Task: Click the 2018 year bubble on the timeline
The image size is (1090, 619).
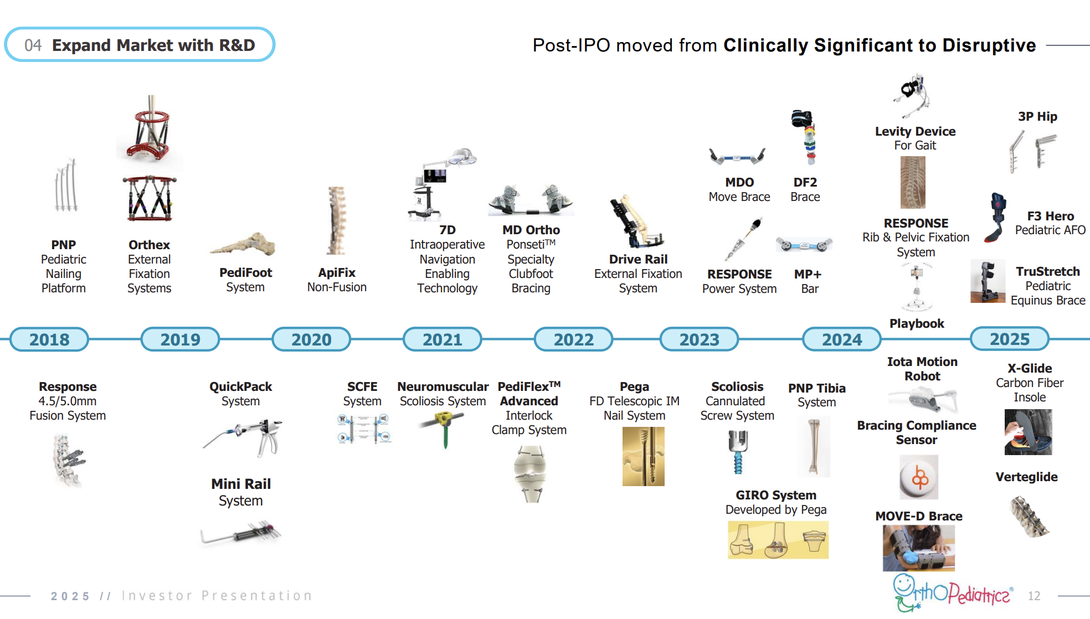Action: click(x=49, y=339)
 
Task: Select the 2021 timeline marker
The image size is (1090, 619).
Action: click(x=442, y=339)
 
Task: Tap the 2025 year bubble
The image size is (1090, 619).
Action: click(x=1009, y=339)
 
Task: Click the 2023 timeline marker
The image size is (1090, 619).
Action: click(x=699, y=339)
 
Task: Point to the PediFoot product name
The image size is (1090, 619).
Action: click(x=245, y=272)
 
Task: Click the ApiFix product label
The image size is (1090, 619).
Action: click(x=337, y=272)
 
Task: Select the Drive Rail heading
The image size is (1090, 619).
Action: click(x=638, y=259)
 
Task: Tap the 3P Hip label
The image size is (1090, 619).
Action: click(x=1037, y=116)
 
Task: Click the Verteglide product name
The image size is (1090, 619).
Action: click(x=1026, y=477)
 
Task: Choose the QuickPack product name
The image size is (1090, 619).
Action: click(x=240, y=386)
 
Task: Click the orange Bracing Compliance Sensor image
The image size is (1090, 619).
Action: click(x=919, y=477)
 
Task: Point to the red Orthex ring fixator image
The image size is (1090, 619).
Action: click(x=150, y=133)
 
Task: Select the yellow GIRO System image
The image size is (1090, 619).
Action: click(x=778, y=539)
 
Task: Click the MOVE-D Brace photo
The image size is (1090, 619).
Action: click(x=918, y=548)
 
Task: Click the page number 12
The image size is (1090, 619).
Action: click(x=1034, y=596)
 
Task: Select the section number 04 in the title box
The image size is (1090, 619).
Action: click(x=33, y=45)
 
